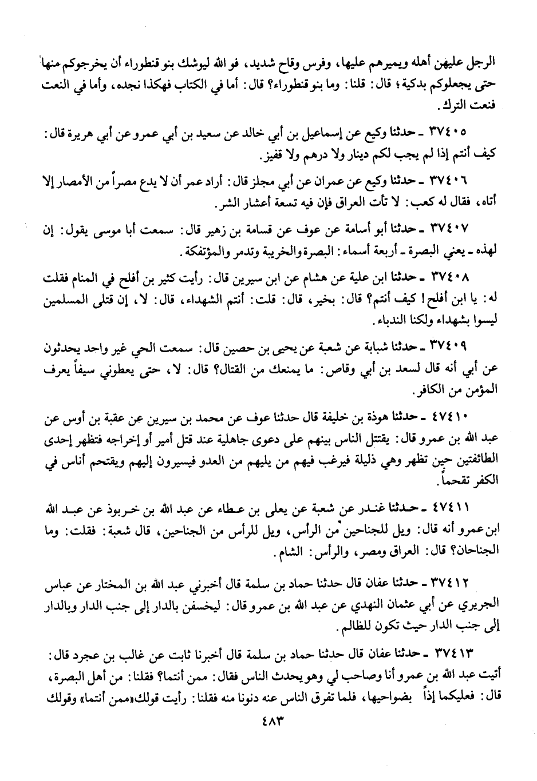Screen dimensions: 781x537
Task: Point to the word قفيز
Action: point(270,156)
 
